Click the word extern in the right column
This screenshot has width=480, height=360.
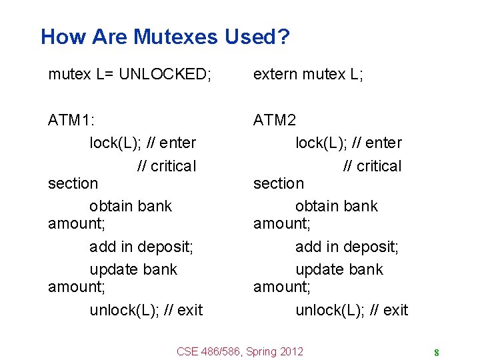pos(275,74)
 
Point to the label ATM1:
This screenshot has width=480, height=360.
pos(71,120)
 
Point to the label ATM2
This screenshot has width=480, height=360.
pos(275,120)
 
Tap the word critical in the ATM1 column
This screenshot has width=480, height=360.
pos(173,166)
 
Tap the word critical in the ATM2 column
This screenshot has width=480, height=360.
pos(379,166)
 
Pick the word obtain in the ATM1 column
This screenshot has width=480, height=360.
pos(110,206)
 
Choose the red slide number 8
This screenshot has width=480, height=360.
pos(436,353)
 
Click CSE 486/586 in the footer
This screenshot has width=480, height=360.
pos(209,351)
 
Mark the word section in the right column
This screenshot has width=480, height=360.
pos(279,183)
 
